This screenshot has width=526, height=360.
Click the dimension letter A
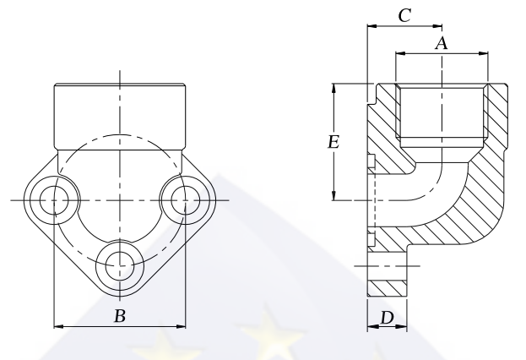pyautogui.click(x=440, y=43)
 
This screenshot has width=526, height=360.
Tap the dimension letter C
pyautogui.click(x=404, y=14)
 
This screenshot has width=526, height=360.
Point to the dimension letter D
pyautogui.click(x=387, y=318)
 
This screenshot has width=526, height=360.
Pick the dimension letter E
pyautogui.click(x=333, y=142)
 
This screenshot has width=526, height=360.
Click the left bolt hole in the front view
pyautogui.click(x=54, y=200)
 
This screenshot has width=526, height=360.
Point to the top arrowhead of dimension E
pyautogui.click(x=334, y=88)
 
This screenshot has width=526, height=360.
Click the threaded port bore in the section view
pyautogui.click(x=442, y=110)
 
